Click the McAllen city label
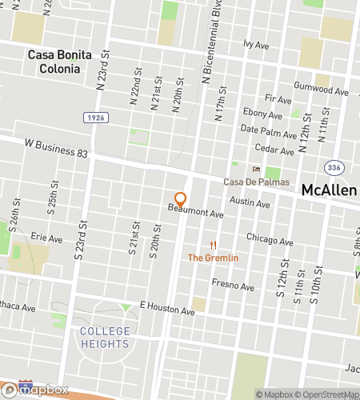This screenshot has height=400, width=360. tap(329, 191)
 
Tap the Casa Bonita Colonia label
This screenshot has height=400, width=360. tap(60, 62)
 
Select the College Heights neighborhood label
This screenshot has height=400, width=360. tap(105, 338)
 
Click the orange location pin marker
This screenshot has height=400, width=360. tap(181, 199)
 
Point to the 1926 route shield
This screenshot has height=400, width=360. tap(94, 117)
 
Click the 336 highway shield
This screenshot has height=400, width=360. tap(334, 167)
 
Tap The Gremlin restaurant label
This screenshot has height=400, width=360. tap(213, 258)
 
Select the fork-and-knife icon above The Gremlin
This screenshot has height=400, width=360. tap(213, 245)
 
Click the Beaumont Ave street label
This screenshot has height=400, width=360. tap(195, 212)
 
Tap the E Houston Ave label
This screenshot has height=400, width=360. tap(167, 308)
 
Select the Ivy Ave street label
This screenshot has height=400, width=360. tap(256, 46)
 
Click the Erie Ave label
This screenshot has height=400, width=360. tap(46, 238)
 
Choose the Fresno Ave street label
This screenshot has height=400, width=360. tap(233, 285)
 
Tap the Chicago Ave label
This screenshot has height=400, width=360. tap(270, 239)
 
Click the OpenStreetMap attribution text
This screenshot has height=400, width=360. tap(327, 394)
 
